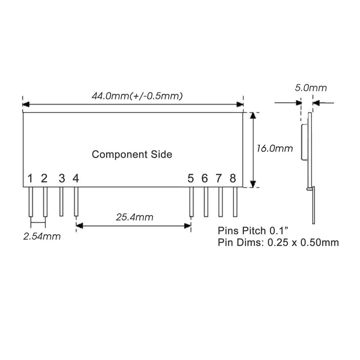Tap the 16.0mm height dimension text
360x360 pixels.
(274, 148)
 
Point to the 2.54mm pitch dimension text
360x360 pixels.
(42, 237)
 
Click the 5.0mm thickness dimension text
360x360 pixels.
(311, 88)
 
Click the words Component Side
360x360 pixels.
(132, 154)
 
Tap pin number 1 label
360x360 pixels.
(30, 178)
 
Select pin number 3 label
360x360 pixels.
(61, 178)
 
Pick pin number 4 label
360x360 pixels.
(76, 178)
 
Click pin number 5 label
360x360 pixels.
(190, 178)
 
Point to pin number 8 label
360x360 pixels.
(233, 178)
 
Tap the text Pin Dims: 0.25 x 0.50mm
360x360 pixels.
(278, 242)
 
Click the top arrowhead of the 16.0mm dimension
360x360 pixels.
(253, 116)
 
